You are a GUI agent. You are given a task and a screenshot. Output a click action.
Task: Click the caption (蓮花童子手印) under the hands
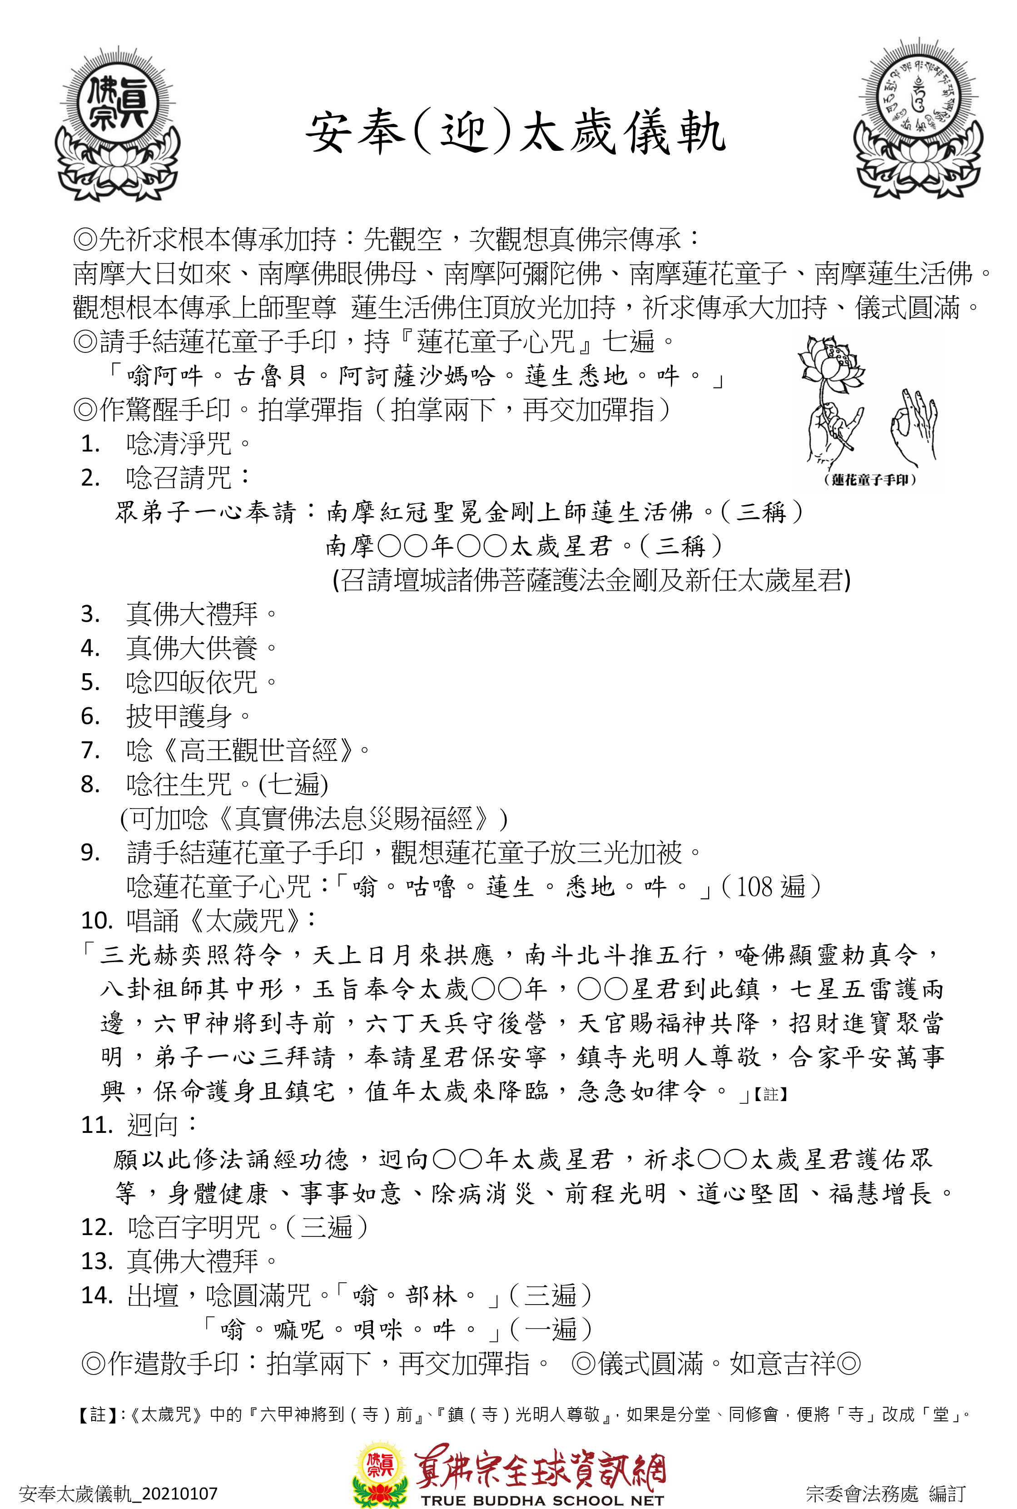click(869, 480)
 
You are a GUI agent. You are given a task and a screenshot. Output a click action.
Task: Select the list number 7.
click(90, 750)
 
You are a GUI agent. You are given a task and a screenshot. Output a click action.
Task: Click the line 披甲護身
click(179, 716)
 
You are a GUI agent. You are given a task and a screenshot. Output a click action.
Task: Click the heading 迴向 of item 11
click(153, 1125)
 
